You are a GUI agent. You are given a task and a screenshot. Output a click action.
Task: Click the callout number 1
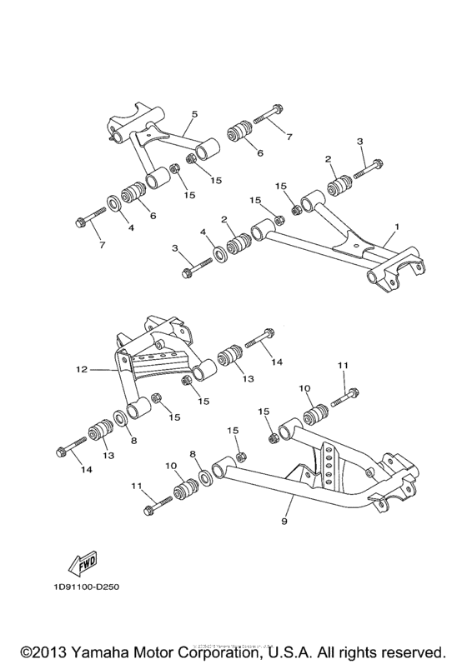[x=397, y=227]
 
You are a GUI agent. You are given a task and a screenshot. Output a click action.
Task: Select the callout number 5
[x=194, y=113]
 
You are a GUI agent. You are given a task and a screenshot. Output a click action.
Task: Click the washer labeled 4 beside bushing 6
[x=111, y=202]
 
